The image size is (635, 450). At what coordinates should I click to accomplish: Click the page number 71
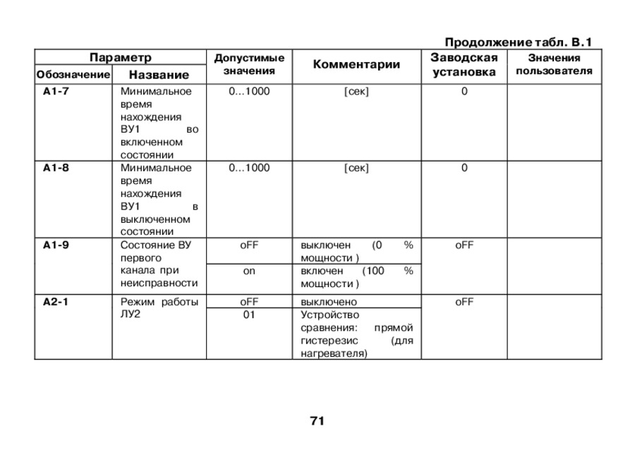[x=317, y=421]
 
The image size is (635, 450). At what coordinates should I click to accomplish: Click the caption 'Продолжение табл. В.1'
[x=518, y=42]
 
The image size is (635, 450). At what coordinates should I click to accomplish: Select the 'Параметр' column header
[x=120, y=57]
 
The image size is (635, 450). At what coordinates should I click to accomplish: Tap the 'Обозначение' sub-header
[x=73, y=74]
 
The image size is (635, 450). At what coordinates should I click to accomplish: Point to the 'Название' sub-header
[x=159, y=74]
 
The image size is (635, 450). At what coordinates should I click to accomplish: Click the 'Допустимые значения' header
[x=249, y=64]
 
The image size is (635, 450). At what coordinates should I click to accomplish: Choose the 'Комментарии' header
[x=356, y=65]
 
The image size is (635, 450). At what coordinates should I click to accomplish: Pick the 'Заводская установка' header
[x=464, y=65]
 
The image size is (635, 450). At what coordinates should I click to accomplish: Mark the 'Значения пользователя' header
[x=554, y=64]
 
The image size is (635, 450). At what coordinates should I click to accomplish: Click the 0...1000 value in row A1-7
[x=249, y=91]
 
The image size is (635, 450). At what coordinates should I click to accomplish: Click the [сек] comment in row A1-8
[x=356, y=168]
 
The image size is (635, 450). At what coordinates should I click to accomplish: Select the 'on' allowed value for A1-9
[x=249, y=271]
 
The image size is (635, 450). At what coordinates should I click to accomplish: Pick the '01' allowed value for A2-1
[x=249, y=315]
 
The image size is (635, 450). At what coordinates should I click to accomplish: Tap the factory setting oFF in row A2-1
[x=464, y=302]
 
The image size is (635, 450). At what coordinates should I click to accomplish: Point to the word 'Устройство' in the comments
[x=330, y=315]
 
